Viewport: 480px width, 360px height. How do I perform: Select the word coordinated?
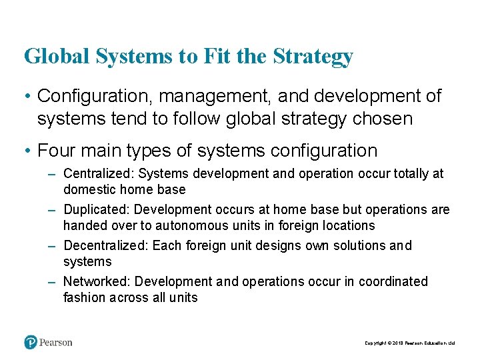point(393,281)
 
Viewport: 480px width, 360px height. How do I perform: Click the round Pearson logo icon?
point(31,343)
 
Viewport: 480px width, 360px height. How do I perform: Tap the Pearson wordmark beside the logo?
point(56,343)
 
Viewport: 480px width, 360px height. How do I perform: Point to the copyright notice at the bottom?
point(409,343)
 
